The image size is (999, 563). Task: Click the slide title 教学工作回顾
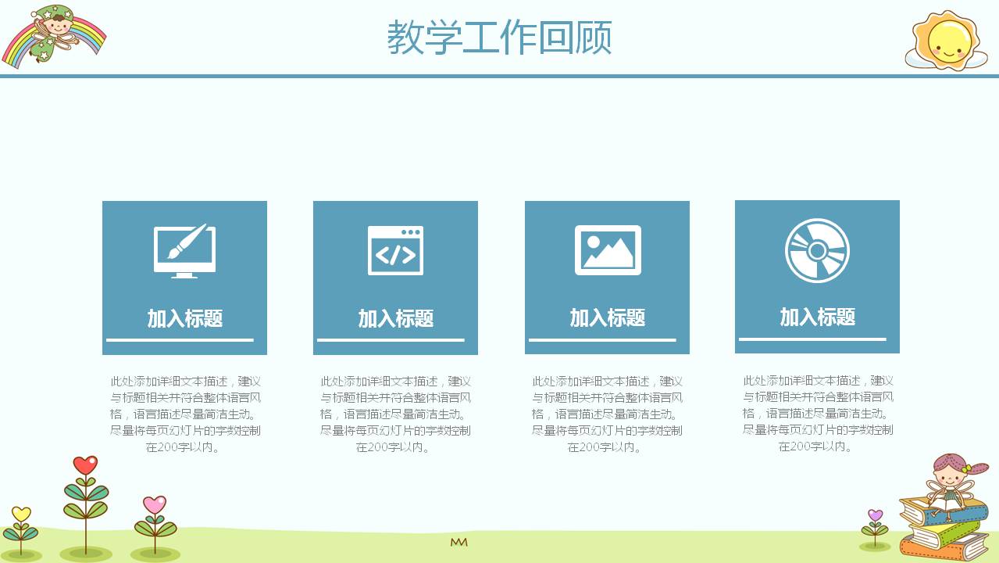499,38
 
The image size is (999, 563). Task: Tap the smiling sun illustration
946,39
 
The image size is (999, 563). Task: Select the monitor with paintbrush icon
184,250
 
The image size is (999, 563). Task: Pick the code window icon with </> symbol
395,250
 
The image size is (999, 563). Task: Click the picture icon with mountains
608,250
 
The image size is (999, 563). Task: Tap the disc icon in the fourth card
817,250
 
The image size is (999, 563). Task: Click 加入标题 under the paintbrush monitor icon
185,318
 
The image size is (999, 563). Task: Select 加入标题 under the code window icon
396,318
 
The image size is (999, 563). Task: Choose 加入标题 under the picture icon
608,317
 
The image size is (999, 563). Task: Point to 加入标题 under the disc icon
818,317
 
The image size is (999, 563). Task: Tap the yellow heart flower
21,515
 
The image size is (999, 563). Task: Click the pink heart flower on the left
155,505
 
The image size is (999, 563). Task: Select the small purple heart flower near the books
875,516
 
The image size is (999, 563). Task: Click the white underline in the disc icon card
812,339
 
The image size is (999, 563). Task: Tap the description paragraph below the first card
185,414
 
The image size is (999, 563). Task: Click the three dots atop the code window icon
409,232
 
